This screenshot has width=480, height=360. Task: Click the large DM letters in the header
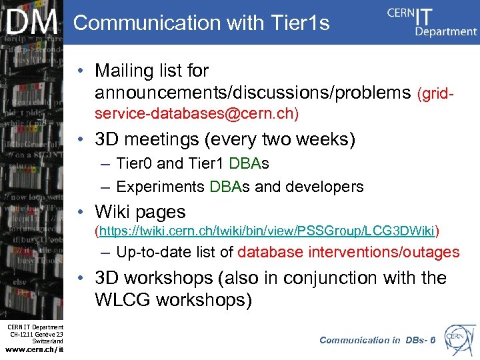32,23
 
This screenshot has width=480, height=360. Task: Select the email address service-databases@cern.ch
197,114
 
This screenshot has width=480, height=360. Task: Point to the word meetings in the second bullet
170,140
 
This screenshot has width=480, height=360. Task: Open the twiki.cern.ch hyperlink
267,231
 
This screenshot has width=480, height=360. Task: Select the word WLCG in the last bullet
124,300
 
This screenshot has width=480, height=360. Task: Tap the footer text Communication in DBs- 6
377,340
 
